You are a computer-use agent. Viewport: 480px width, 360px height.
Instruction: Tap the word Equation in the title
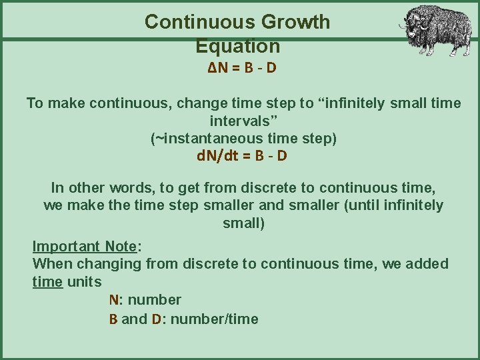pyautogui.click(x=238, y=47)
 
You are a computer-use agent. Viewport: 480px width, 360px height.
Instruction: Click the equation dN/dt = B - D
pyautogui.click(x=242, y=157)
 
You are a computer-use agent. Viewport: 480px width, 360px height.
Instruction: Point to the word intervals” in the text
pyautogui.click(x=243, y=121)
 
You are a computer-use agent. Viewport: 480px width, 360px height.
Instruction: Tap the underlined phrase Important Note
pyautogui.click(x=84, y=246)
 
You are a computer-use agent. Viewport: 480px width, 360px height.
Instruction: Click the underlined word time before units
pyautogui.click(x=47, y=281)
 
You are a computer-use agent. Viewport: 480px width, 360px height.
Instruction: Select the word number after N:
pyautogui.click(x=154, y=300)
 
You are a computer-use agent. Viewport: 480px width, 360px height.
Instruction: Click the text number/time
pyautogui.click(x=214, y=319)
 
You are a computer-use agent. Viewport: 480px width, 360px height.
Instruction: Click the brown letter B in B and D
pyautogui.click(x=113, y=319)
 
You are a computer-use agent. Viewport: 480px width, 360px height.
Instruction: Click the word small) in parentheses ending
pyautogui.click(x=243, y=223)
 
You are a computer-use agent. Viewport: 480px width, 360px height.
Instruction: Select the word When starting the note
pyautogui.click(x=51, y=264)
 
